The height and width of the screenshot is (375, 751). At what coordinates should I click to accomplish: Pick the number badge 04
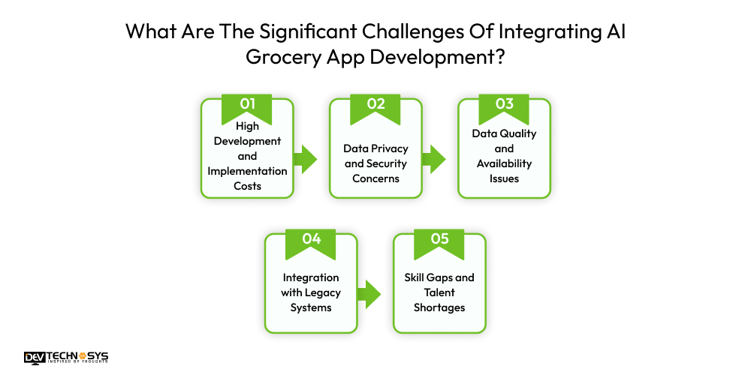pyautogui.click(x=311, y=239)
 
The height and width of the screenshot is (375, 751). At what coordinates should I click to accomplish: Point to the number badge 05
pyautogui.click(x=439, y=239)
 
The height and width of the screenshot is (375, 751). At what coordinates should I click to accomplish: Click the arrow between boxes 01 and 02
pyautogui.click(x=305, y=158)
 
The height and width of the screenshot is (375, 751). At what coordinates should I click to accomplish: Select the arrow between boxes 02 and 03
pyautogui.click(x=433, y=158)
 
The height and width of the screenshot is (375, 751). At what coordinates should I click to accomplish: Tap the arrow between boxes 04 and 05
pyautogui.click(x=369, y=293)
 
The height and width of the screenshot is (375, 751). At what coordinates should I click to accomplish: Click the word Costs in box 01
pyautogui.click(x=247, y=185)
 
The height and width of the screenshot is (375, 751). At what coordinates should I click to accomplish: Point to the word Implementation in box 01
pyautogui.click(x=247, y=171)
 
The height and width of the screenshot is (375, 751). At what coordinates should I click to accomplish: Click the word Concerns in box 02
pyautogui.click(x=375, y=178)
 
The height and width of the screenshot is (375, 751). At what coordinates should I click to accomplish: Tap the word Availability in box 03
pyautogui.click(x=504, y=163)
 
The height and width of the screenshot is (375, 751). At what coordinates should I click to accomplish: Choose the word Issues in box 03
pyautogui.click(x=504, y=178)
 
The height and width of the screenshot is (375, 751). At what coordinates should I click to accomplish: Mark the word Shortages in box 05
pyautogui.click(x=439, y=307)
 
